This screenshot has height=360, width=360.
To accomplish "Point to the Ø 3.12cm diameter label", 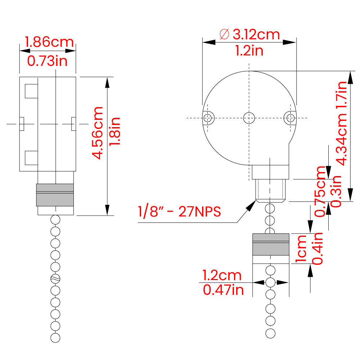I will tap(249, 35).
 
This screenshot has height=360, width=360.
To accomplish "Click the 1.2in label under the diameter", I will tap(249, 51).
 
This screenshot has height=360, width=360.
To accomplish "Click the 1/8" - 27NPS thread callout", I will tap(179, 211).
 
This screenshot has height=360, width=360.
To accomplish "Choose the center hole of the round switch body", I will tap(249, 117).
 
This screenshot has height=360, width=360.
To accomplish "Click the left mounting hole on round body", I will tap(208, 118).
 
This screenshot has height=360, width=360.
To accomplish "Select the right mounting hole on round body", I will tap(289, 117).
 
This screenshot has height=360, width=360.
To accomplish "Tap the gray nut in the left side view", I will tap(55, 194).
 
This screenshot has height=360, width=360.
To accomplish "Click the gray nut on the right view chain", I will tap(270, 244).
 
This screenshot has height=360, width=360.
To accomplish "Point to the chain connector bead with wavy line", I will tap(55, 278).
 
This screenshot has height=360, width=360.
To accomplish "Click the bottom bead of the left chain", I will tap(55, 338).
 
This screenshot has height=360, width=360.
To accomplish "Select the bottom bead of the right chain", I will tap(270, 333).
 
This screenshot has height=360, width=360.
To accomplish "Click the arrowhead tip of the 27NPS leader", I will tap(253, 202).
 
